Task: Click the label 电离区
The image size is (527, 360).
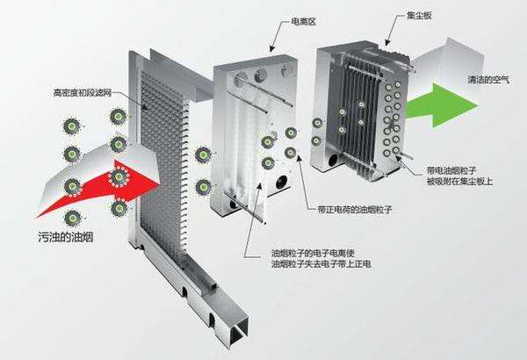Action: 292,19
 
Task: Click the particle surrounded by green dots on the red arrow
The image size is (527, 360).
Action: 119,178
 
